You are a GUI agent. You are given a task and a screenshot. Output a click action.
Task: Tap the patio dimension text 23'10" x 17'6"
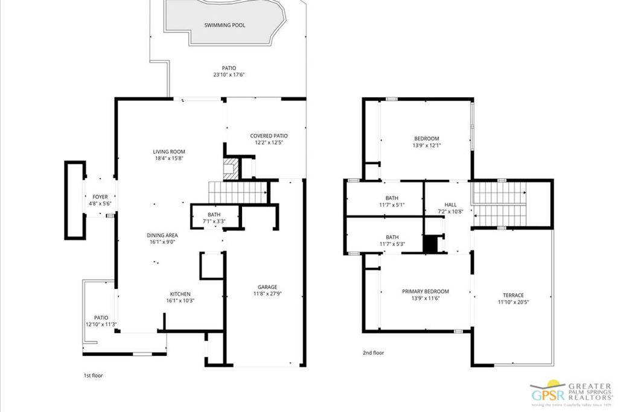(228, 75)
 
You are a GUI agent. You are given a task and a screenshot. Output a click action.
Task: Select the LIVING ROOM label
(169, 152)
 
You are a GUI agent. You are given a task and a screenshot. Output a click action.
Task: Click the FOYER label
(100, 197)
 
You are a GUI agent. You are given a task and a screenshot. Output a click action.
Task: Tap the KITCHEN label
(180, 294)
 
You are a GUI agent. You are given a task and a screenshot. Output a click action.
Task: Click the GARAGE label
(267, 287)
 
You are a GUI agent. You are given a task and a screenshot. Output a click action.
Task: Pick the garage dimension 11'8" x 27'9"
(267, 294)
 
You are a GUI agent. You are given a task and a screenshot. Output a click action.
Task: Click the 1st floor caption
(93, 375)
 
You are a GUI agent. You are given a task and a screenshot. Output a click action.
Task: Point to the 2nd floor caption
(372, 353)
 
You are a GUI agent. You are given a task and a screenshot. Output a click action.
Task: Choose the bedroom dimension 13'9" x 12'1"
(426, 145)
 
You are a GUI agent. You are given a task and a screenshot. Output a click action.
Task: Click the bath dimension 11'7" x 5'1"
(392, 205)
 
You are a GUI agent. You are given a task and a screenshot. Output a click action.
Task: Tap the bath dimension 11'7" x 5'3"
(392, 244)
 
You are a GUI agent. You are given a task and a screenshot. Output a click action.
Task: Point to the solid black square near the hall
(430, 245)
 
